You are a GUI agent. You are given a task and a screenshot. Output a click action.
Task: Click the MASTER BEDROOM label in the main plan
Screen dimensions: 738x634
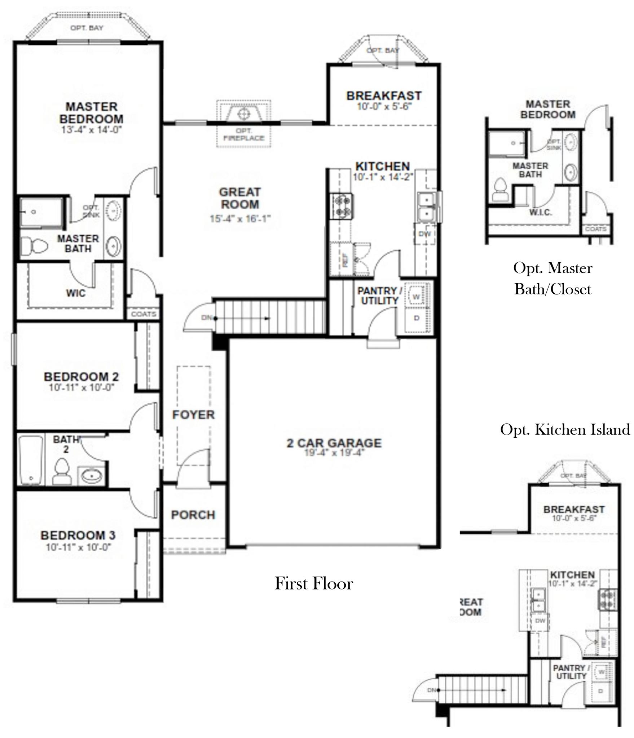tap(91, 113)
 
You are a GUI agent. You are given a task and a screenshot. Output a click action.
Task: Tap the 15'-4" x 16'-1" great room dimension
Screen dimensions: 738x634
tap(240, 218)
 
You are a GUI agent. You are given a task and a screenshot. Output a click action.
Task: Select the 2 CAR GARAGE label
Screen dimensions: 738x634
tap(334, 443)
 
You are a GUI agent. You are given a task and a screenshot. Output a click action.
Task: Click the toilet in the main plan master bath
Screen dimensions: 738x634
tap(34, 246)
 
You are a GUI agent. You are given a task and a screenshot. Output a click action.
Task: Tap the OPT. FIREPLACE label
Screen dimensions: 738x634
tap(244, 134)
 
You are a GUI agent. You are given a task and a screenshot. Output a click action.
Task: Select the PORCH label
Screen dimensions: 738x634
tap(193, 515)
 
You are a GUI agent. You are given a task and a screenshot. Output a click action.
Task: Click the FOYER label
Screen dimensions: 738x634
tap(193, 415)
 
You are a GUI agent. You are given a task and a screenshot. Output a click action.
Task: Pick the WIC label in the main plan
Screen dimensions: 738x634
tap(76, 293)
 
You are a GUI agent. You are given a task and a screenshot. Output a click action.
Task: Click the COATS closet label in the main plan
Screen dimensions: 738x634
tap(144, 314)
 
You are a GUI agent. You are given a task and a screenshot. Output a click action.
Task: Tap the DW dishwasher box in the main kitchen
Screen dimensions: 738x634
tap(425, 234)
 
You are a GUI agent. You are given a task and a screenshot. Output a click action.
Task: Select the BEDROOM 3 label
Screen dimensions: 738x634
tap(78, 535)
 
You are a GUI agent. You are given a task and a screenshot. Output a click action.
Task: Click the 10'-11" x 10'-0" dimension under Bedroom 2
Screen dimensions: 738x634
tap(82, 388)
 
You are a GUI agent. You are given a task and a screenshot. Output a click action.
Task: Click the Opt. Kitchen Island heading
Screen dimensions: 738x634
tap(565, 430)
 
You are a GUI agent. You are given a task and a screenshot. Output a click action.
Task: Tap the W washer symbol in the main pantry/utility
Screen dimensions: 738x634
tap(417, 297)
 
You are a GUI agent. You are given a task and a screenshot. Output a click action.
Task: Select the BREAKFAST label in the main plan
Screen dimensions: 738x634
tap(384, 96)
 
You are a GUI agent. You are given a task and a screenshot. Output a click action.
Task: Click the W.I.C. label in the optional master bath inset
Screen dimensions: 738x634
tap(540, 213)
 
